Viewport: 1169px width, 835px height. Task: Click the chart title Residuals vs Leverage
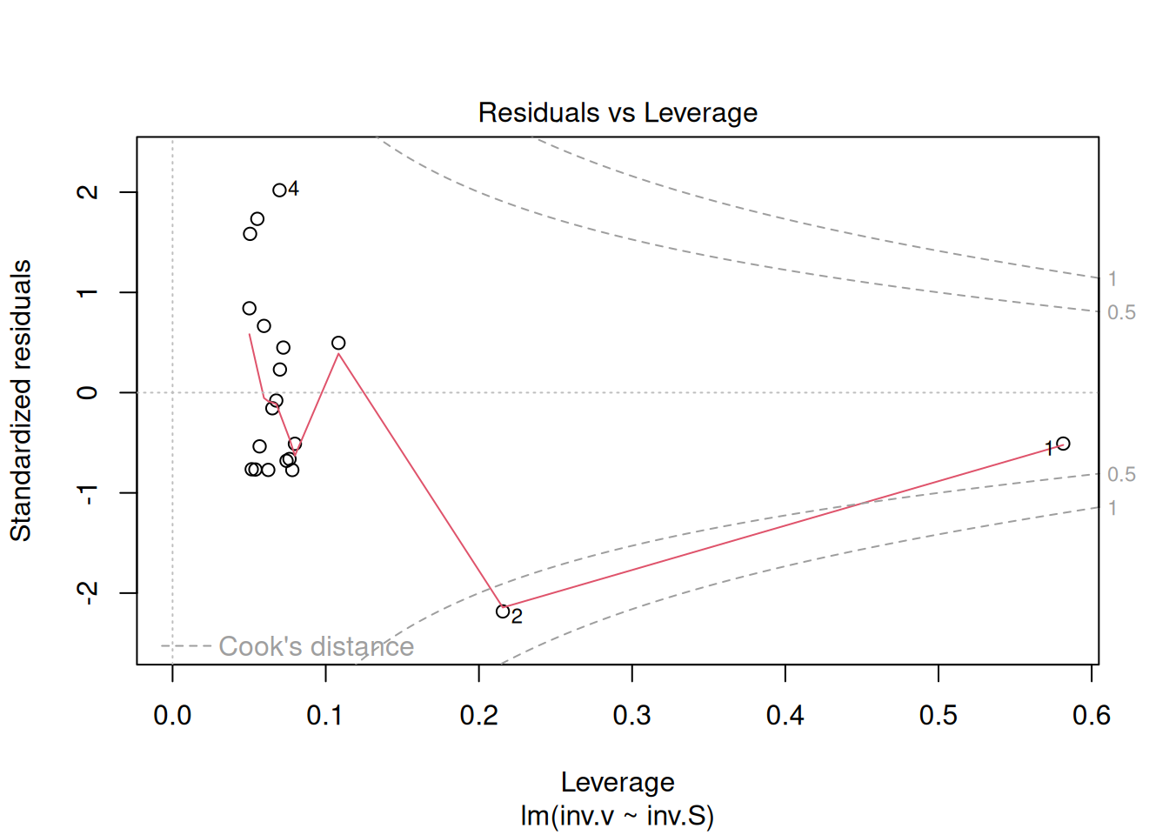click(618, 113)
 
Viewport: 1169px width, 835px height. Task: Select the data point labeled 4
click(279, 190)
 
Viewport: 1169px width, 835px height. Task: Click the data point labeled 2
click(503, 611)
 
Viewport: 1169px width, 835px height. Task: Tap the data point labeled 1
click(1063, 444)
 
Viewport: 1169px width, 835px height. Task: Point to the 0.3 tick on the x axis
click(632, 674)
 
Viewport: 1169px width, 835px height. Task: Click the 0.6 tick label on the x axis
click(1091, 716)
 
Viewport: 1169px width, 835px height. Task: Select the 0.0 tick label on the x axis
click(172, 716)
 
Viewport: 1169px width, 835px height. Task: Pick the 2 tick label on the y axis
click(88, 191)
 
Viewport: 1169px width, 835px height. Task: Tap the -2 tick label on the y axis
click(88, 593)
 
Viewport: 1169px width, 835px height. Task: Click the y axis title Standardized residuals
click(21, 400)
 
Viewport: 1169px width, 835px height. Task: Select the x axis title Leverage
click(618, 782)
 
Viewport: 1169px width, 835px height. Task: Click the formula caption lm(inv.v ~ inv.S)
click(618, 816)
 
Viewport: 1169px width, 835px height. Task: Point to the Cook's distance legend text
click(316, 646)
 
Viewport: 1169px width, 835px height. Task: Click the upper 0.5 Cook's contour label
click(1121, 312)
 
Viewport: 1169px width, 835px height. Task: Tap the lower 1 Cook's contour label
click(1112, 508)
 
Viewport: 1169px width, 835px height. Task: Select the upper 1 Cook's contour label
click(1112, 279)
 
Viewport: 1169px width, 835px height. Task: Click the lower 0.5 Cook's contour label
click(1121, 475)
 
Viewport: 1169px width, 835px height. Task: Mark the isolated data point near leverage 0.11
click(338, 343)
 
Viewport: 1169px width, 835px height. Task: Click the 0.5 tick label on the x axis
click(938, 716)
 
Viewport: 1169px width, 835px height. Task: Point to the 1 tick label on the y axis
click(88, 292)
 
